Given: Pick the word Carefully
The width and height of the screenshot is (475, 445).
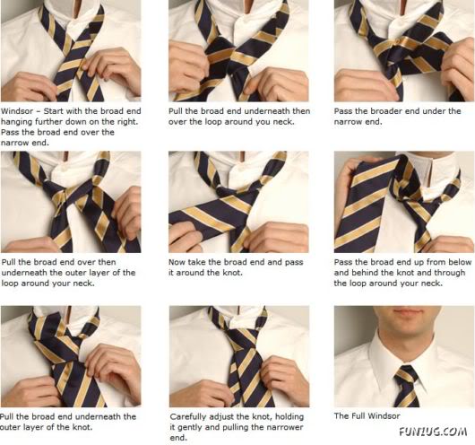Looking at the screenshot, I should click(x=191, y=416).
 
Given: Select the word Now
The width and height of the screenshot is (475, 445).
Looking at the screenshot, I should click(x=177, y=262).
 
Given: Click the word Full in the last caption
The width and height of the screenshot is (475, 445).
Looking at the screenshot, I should click(x=360, y=416).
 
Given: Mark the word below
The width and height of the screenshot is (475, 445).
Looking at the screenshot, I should click(x=456, y=262).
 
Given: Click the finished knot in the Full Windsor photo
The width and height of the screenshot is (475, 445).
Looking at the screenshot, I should click(x=405, y=374).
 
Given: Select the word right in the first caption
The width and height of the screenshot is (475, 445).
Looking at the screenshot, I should click(x=126, y=122).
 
